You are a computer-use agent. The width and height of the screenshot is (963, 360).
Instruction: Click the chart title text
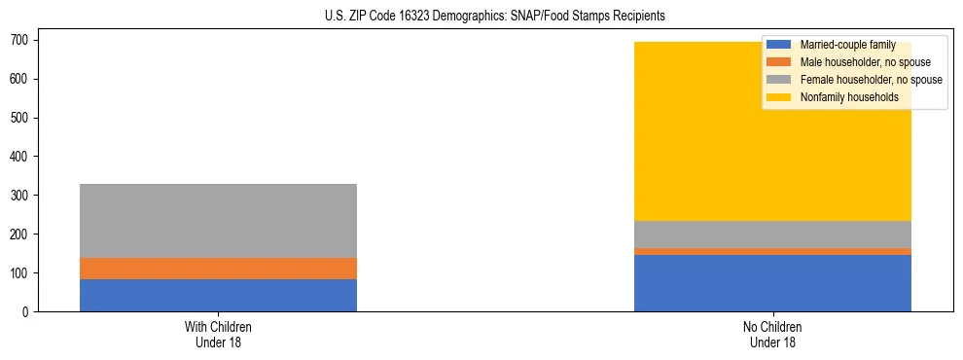pos(495,17)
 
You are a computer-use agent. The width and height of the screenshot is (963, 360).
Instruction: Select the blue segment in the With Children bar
pos(218,295)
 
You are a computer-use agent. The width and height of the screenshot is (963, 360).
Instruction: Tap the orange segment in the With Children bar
pos(218,269)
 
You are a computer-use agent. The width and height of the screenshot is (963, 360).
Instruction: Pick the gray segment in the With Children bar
pos(218,221)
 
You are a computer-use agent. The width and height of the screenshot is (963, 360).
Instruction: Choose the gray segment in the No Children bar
pos(772,234)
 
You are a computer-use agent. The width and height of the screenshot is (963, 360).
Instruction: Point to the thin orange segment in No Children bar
pos(772,252)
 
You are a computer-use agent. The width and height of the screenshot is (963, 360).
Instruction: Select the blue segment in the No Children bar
pos(772,283)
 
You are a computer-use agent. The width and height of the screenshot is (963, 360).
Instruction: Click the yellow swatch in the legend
pos(780,97)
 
